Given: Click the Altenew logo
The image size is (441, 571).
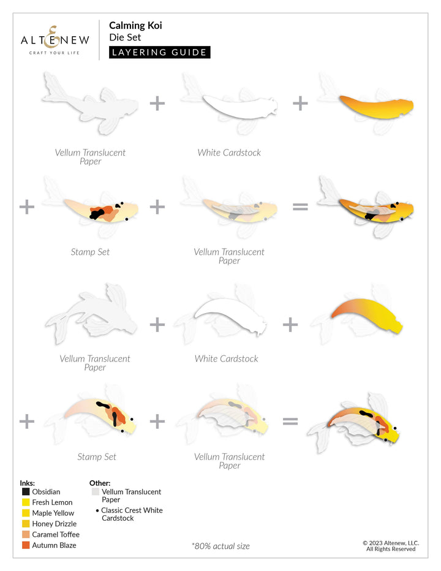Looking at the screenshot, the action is pos(55,40).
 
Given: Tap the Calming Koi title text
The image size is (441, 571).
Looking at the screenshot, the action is pos(135,26).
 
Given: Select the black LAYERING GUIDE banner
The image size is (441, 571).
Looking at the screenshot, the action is pos(159,53).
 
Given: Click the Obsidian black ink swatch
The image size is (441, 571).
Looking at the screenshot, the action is pos(26,491).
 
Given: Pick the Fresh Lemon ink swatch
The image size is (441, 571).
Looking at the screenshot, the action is pos(26,502).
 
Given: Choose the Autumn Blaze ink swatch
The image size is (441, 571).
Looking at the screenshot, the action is pos(26,545).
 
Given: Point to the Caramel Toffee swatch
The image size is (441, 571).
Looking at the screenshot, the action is pos(26,535).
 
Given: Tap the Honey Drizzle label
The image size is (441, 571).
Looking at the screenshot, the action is pos(55,524).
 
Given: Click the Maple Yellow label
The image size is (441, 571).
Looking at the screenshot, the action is pos(53,513).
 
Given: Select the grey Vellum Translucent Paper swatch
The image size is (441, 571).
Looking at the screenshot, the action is pos(96,491).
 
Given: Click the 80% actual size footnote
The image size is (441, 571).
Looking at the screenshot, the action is pos(221,546).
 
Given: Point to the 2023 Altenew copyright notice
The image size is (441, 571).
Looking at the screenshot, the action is pos(391,546).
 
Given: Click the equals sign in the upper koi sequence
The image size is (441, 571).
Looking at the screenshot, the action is pos(301,207).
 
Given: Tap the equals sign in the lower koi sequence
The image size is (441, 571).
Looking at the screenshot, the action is pos(290,422).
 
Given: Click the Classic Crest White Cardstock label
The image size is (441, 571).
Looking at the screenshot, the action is pos(132,514).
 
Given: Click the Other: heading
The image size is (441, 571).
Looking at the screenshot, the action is pos(100,483).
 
